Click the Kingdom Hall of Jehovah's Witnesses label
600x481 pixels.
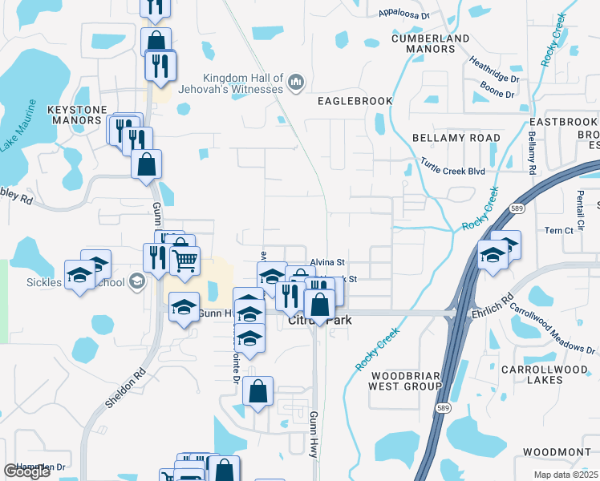pos(244,83)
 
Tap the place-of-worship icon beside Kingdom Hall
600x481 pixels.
pos(296,82)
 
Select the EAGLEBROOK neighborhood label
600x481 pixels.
pos(355,101)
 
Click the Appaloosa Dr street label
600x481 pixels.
pos(403,14)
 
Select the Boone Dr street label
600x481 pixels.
pos(497,95)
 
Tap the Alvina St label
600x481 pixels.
pos(327,262)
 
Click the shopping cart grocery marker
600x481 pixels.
pos(185,261)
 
